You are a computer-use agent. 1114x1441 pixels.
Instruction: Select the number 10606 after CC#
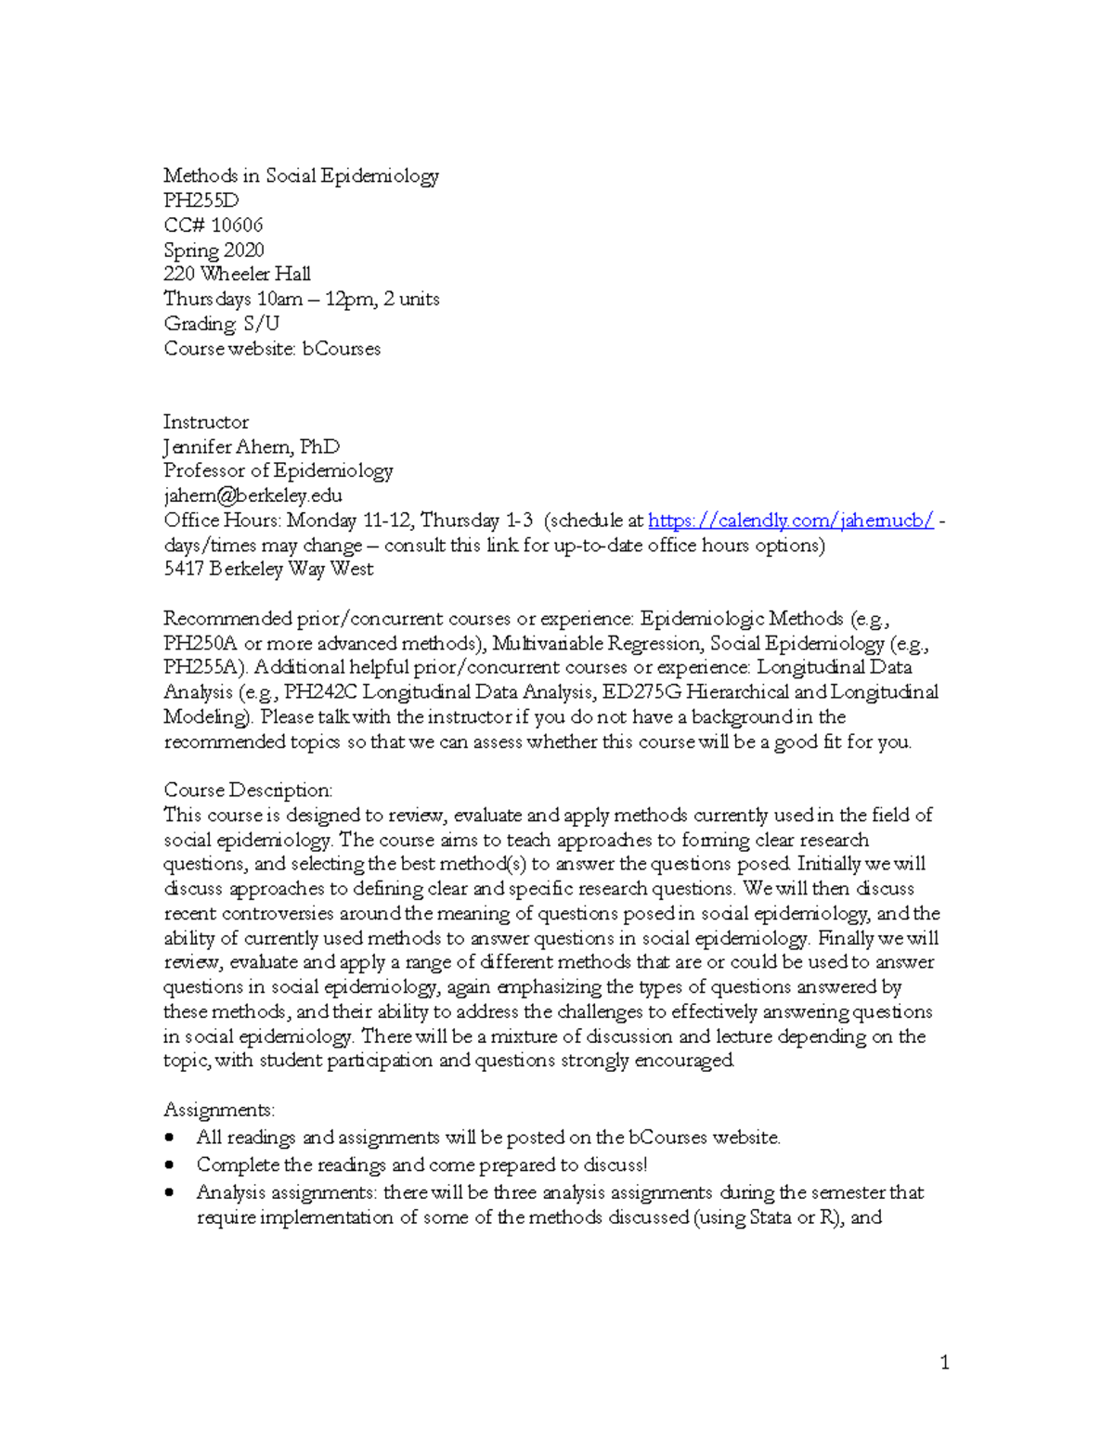pyautogui.click(x=237, y=225)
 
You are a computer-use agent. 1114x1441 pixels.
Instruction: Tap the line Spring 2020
pyautogui.click(x=214, y=251)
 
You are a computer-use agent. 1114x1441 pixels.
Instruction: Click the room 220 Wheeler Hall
pyautogui.click(x=237, y=275)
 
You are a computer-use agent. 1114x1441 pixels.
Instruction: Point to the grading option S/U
pyautogui.click(x=261, y=324)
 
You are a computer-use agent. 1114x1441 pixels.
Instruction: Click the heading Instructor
pyautogui.click(x=206, y=422)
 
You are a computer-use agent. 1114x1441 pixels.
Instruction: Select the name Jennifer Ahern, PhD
pyautogui.click(x=252, y=447)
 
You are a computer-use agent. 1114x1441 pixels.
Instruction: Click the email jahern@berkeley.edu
pyautogui.click(x=253, y=496)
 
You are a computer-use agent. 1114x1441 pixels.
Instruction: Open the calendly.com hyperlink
pyautogui.click(x=790, y=521)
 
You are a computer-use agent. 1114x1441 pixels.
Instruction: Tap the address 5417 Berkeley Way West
pyautogui.click(x=268, y=570)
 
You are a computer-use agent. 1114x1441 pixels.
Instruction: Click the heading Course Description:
pyautogui.click(x=248, y=791)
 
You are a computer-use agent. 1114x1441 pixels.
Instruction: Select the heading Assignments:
pyautogui.click(x=219, y=1111)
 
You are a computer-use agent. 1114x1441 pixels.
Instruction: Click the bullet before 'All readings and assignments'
pyautogui.click(x=169, y=1139)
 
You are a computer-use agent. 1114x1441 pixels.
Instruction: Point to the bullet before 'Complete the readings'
pyautogui.click(x=169, y=1165)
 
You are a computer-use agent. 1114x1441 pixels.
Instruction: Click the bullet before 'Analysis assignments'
pyautogui.click(x=169, y=1193)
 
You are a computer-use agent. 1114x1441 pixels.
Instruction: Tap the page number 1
pyautogui.click(x=945, y=1363)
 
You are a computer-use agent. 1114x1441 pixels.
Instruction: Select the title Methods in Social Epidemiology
pyautogui.click(x=301, y=176)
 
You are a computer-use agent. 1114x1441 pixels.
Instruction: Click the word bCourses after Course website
pyautogui.click(x=342, y=350)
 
